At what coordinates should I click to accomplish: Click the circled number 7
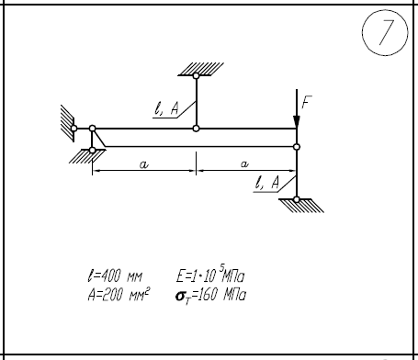(385, 32)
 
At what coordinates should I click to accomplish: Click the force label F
(306, 102)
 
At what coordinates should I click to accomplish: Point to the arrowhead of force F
(297, 121)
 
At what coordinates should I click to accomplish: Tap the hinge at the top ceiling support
(196, 75)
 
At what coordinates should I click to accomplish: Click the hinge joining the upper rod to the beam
(196, 129)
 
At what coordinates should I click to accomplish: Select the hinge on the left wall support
(73, 129)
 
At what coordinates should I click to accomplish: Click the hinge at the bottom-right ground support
(297, 199)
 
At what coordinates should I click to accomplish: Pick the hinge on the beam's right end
(297, 147)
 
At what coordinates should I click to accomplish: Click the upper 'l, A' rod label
(166, 108)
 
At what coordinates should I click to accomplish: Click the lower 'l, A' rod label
(267, 183)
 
